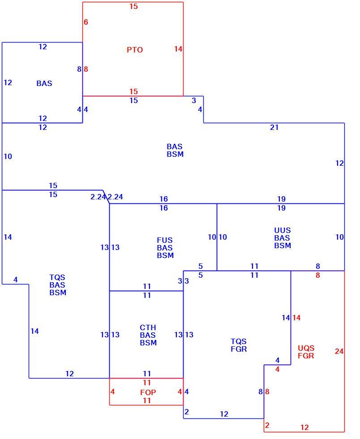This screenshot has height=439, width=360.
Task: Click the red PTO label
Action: [x=135, y=50]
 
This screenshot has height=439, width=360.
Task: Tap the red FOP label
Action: [x=148, y=392]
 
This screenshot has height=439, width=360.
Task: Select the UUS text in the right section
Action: [x=283, y=230]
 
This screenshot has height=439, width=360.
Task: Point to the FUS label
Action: [x=165, y=240]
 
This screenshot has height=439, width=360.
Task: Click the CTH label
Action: [x=148, y=327]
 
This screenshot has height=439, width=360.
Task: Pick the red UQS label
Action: [x=306, y=349]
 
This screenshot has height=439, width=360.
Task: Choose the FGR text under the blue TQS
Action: [x=239, y=349]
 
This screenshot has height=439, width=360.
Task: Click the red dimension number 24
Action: [x=339, y=351]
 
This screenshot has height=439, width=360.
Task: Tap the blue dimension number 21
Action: [x=274, y=127]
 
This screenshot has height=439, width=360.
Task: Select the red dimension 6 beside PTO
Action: [x=86, y=22]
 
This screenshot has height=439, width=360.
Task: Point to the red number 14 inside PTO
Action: [x=178, y=49]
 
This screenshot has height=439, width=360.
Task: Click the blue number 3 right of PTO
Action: [x=194, y=100]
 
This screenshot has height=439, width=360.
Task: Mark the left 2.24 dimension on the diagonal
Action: [x=98, y=197]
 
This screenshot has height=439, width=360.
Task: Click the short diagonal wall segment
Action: [x=106, y=197]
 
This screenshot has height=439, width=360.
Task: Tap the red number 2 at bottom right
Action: [x=267, y=425]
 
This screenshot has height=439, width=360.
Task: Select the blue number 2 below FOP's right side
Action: [x=186, y=412]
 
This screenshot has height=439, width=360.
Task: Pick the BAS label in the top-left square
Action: [x=44, y=83]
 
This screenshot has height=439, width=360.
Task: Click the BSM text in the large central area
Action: [x=175, y=154]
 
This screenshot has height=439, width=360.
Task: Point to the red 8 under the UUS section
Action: [x=317, y=275]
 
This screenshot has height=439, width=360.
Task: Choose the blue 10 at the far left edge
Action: [x=8, y=156]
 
